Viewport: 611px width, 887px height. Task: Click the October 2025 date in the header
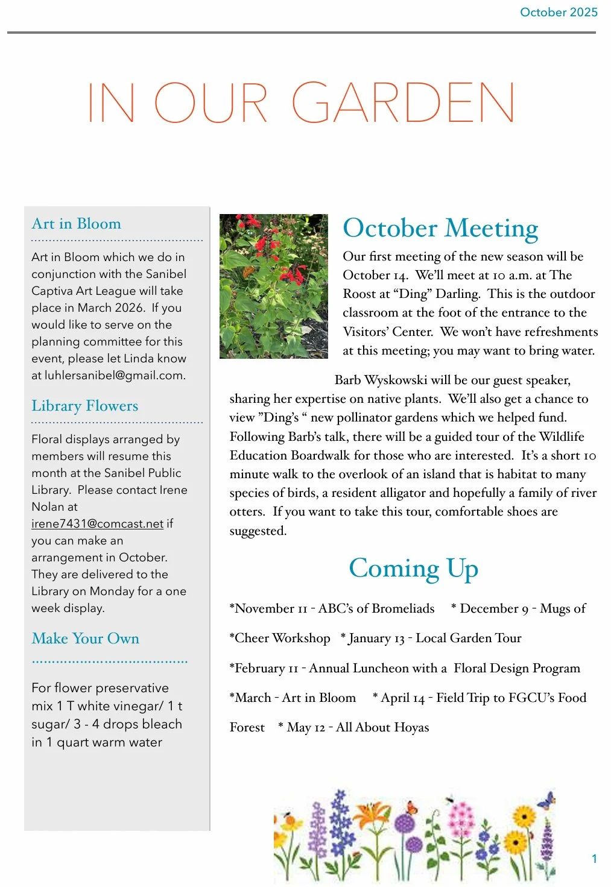coord(559,12)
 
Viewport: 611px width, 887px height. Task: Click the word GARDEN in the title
coord(404,103)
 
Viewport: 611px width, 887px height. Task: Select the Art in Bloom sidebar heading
coord(76,224)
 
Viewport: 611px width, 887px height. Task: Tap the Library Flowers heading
coord(84,406)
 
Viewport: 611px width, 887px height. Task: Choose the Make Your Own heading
coord(85,639)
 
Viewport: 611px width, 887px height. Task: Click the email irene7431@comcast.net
coord(97,523)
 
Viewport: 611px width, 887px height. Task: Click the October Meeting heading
coord(440,229)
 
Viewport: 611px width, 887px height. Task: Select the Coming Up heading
coord(413,568)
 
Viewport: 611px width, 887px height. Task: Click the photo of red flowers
coord(273,286)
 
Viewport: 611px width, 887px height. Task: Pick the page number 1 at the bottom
coord(594,859)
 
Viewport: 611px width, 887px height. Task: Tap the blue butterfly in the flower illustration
coord(546,800)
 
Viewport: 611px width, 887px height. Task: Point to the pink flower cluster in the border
coord(461,817)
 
